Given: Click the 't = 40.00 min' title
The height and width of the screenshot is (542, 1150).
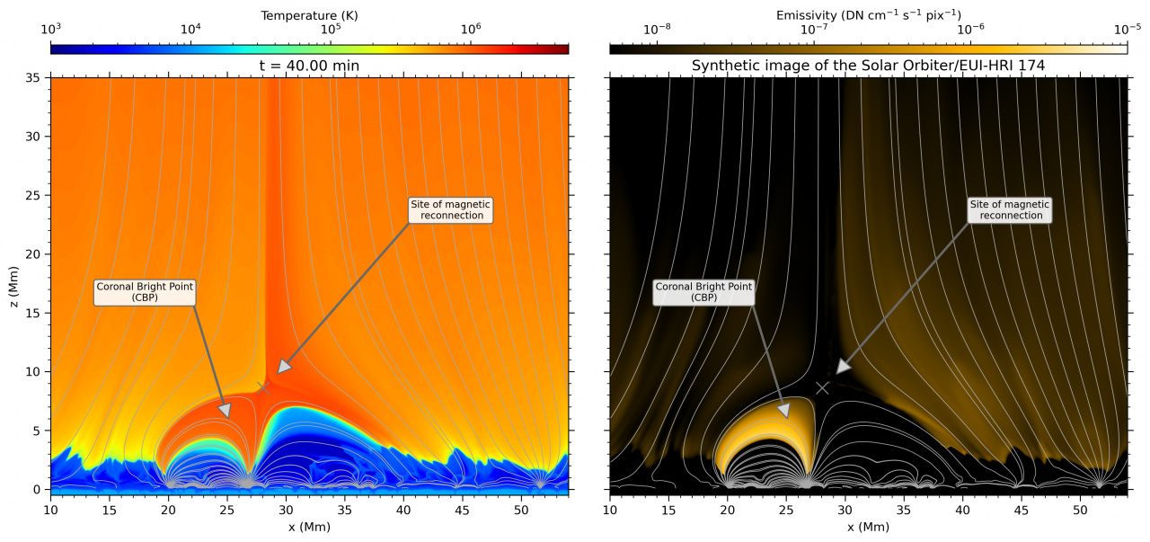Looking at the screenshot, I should point(309,66).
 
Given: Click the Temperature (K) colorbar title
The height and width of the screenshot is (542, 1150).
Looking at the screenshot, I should point(309,15).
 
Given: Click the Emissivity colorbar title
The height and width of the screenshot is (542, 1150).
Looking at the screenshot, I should point(868,15).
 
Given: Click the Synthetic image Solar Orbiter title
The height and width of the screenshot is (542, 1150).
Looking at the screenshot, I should point(868,66).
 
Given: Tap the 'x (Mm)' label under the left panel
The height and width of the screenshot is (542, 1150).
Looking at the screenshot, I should point(309,527).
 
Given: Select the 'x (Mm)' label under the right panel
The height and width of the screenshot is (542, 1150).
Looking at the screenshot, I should point(868,527).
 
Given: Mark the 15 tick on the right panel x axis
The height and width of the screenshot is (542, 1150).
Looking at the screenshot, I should point(668,510).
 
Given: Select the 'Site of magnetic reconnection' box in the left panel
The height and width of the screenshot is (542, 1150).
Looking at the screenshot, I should point(450,209).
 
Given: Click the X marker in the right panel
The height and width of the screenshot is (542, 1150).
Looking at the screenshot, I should point(822,387).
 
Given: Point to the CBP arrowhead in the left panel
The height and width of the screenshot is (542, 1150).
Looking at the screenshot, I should point(226,411).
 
